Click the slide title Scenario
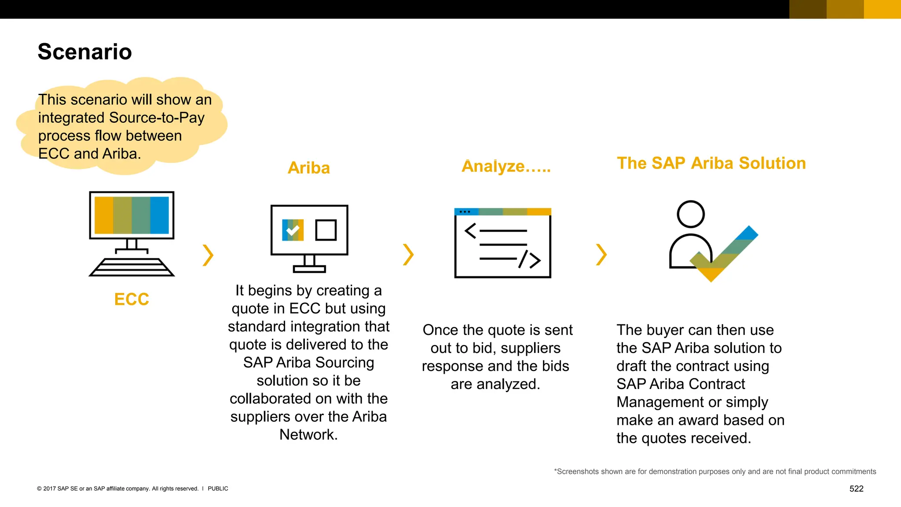84,52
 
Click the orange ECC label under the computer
132,299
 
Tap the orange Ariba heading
308,168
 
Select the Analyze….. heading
506,166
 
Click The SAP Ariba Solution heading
711,163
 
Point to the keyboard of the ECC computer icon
132,267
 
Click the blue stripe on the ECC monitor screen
159,215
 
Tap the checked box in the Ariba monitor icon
293,230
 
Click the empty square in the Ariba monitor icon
326,230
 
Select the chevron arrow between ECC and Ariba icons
208,255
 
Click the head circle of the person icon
691,214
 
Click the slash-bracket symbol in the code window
529,260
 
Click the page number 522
856,489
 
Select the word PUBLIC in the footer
218,489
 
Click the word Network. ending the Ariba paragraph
308,435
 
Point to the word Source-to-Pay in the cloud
157,118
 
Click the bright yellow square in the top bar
882,9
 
